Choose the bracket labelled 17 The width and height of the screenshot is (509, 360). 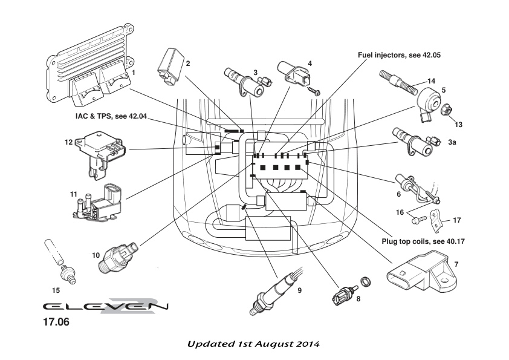click(x=439, y=221)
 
